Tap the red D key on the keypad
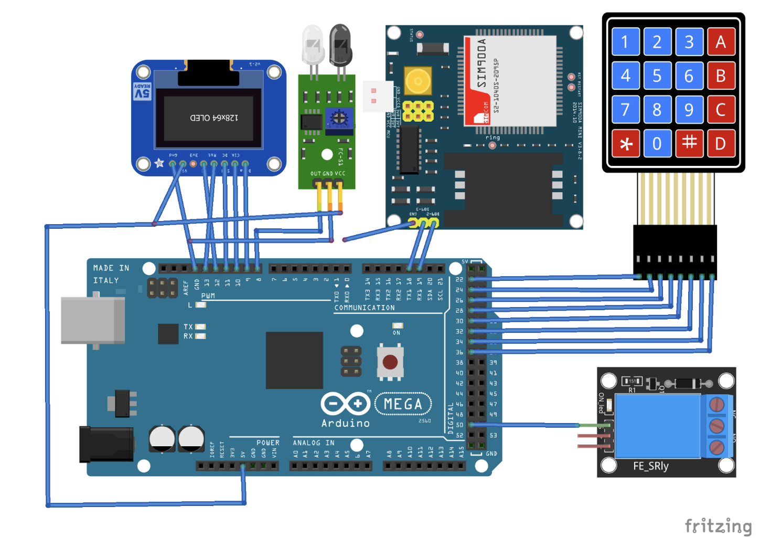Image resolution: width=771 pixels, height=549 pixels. coord(721,143)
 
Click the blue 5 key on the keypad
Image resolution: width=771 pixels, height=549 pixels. coord(657,76)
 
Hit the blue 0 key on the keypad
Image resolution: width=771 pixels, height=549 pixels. coord(657,143)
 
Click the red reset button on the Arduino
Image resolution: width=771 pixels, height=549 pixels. coord(390,362)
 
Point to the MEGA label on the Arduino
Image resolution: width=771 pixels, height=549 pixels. coord(403,404)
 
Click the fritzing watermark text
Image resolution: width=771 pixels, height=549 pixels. coord(718,526)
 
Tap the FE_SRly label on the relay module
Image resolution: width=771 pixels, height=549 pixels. coord(650,466)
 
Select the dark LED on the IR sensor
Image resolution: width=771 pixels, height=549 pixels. coord(340,46)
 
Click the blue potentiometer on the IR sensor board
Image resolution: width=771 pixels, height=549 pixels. coord(339,119)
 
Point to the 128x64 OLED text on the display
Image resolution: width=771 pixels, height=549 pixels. coord(214,118)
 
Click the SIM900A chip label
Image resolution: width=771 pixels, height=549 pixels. coord(481,63)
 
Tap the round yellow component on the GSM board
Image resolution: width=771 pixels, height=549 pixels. coord(418,81)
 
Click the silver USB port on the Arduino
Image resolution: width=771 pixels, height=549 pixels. coord(93,320)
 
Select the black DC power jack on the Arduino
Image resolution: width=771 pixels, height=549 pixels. coord(106,444)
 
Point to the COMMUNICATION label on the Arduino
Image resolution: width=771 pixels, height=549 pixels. coord(365,308)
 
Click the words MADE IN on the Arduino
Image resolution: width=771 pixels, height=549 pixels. coord(111,268)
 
